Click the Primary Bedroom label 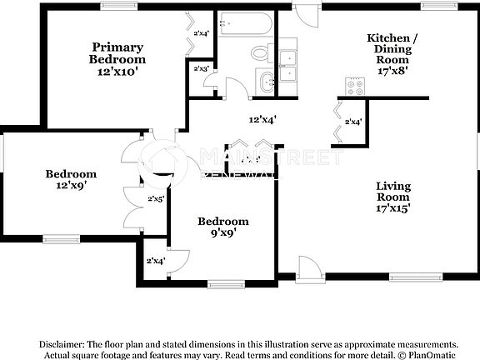click(117, 53)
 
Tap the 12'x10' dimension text click(117, 72)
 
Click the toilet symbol click(260, 52)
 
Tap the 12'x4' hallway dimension click(262, 119)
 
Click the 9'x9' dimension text click(222, 234)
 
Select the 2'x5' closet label click(156, 199)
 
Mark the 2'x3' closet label click(201, 68)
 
